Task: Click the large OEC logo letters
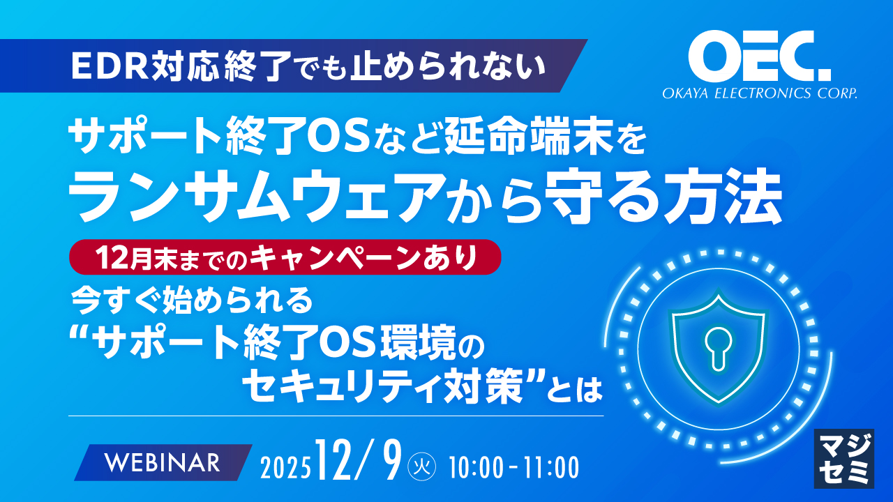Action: tap(760, 56)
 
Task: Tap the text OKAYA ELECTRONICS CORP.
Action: tap(760, 93)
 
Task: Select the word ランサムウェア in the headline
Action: tap(254, 197)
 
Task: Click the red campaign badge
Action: tap(285, 257)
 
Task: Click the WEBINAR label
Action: tap(163, 462)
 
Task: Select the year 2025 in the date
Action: tap(285, 468)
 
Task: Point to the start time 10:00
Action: tap(476, 468)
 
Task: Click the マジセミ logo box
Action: tap(844, 459)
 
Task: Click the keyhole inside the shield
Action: tap(718, 347)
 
